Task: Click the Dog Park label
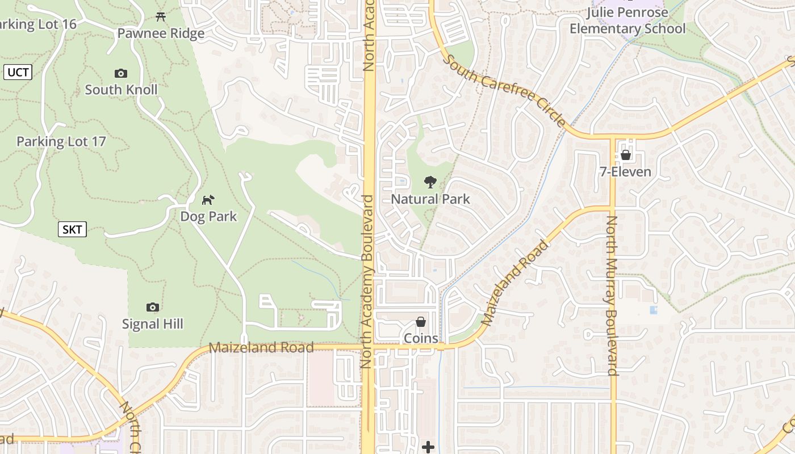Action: (208, 216)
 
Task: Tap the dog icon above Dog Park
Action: (208, 200)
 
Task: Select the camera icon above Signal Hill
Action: (152, 307)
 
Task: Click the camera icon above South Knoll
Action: (121, 73)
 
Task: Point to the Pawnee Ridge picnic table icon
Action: (161, 16)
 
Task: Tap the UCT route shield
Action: (18, 72)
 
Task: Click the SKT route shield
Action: (72, 229)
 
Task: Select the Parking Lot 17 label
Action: (61, 141)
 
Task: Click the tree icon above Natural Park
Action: (430, 182)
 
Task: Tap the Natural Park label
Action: (430, 199)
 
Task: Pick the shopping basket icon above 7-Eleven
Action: (626, 155)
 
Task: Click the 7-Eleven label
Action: (625, 171)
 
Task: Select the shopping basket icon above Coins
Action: (421, 322)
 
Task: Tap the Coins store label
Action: (421, 338)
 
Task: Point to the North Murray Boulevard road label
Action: (612, 295)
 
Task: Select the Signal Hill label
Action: (153, 324)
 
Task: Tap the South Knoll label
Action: (121, 90)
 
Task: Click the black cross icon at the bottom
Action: (428, 447)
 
